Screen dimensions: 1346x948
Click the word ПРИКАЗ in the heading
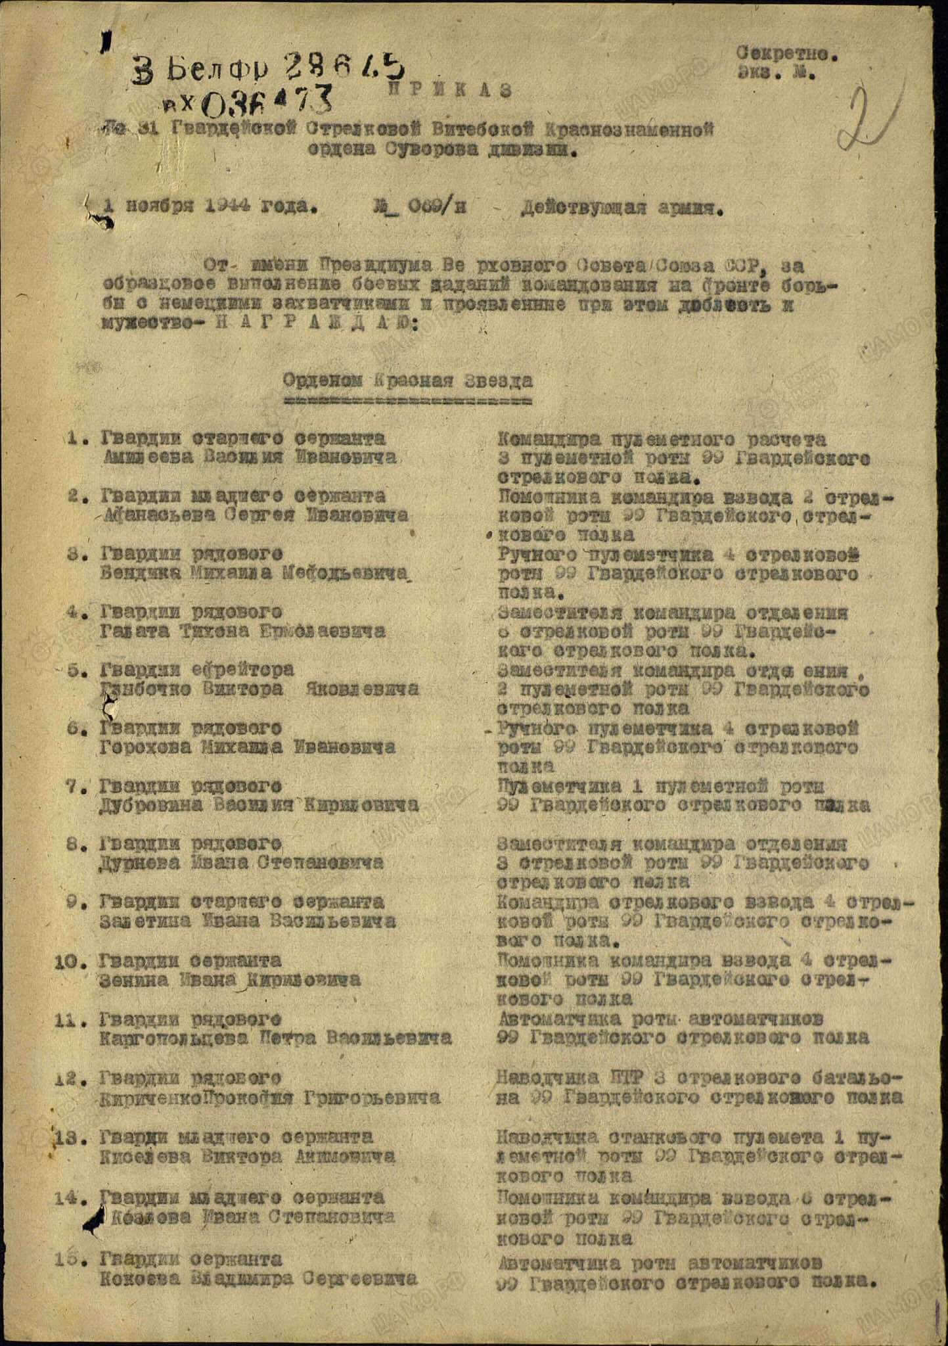(450, 91)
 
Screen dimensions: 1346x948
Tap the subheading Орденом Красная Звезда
(407, 381)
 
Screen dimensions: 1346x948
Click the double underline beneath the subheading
(407, 399)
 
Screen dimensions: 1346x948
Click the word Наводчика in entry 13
(548, 1136)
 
